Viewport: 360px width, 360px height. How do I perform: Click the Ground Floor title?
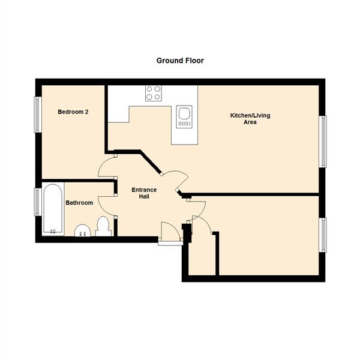pyautogui.click(x=180, y=61)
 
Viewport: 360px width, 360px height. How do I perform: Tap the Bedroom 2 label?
pyautogui.click(x=73, y=112)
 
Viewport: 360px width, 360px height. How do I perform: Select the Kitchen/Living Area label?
pyautogui.click(x=250, y=118)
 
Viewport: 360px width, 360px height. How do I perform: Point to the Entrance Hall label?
pyautogui.click(x=144, y=193)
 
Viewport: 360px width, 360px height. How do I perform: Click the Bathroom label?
pyautogui.click(x=79, y=203)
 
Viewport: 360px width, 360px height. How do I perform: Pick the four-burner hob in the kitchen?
pyautogui.click(x=153, y=93)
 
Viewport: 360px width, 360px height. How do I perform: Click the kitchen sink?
pyautogui.click(x=184, y=116)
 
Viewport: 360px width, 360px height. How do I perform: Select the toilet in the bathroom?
pyautogui.click(x=103, y=227)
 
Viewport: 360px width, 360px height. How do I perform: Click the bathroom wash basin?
pyautogui.click(x=82, y=231)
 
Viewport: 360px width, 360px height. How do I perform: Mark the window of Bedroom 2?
pyautogui.click(x=37, y=114)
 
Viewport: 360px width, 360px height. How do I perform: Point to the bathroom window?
pyautogui.click(x=37, y=202)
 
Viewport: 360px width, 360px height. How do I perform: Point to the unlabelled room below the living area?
pyautogui.click(x=267, y=237)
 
